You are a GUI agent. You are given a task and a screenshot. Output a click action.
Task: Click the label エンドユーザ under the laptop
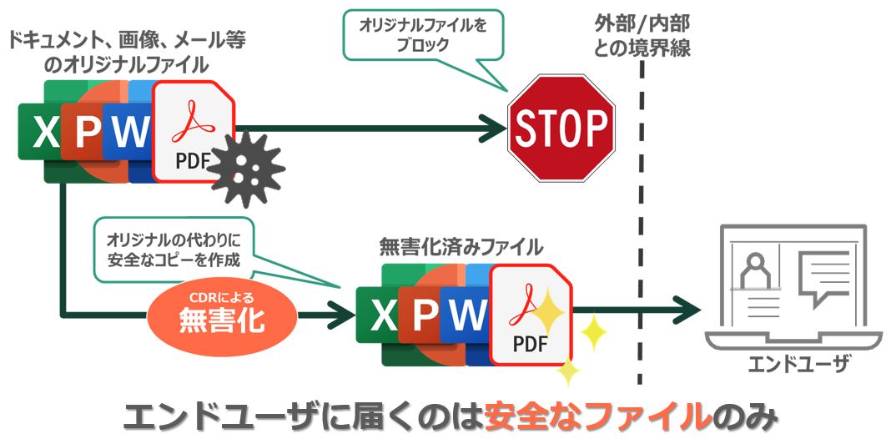pos(787,366)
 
